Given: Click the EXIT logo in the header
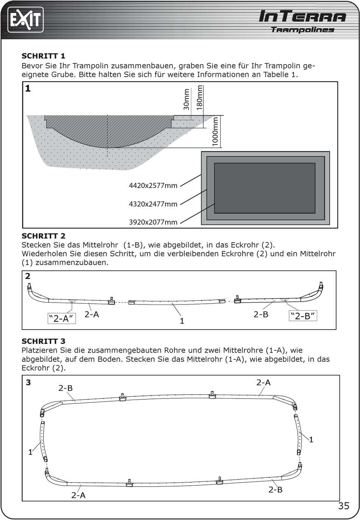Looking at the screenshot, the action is point(25,20).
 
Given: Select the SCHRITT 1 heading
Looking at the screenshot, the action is point(44,56).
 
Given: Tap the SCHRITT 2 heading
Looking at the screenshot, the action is point(44,236).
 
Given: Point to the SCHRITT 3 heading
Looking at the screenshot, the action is point(44,341).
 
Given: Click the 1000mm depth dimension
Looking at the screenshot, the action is point(215,132).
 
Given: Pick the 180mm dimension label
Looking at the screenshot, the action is point(199,98).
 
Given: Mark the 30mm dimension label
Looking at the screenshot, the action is point(186,100).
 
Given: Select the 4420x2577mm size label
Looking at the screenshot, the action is point(153,185).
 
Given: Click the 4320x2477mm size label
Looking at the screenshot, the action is point(153,204).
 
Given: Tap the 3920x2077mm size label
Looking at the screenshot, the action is point(153,222).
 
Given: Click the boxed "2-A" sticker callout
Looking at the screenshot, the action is point(62,319).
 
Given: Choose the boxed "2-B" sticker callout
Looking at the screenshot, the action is point(303,316).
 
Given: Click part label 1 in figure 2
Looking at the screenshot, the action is point(182,321).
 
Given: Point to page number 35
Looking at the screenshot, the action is point(344,506).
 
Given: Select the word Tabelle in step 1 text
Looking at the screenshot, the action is point(276,75).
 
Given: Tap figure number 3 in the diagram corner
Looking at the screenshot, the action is point(28,382).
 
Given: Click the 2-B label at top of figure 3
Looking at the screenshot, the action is point(66,388).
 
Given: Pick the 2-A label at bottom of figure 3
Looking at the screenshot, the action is point(78,495).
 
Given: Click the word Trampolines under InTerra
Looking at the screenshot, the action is point(303,30).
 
